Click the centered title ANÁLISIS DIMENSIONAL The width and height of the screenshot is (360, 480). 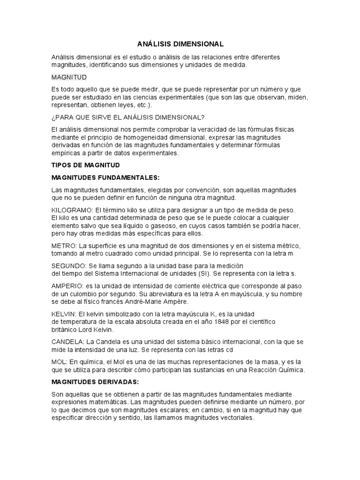(180, 44)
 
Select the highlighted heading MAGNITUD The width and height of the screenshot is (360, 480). (69, 77)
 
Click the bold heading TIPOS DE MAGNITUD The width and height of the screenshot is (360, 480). (86, 165)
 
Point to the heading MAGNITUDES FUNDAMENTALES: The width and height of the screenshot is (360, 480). (105, 178)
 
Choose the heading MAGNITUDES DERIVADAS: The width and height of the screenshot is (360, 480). (95, 382)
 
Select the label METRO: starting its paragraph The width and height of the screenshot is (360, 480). (64, 246)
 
